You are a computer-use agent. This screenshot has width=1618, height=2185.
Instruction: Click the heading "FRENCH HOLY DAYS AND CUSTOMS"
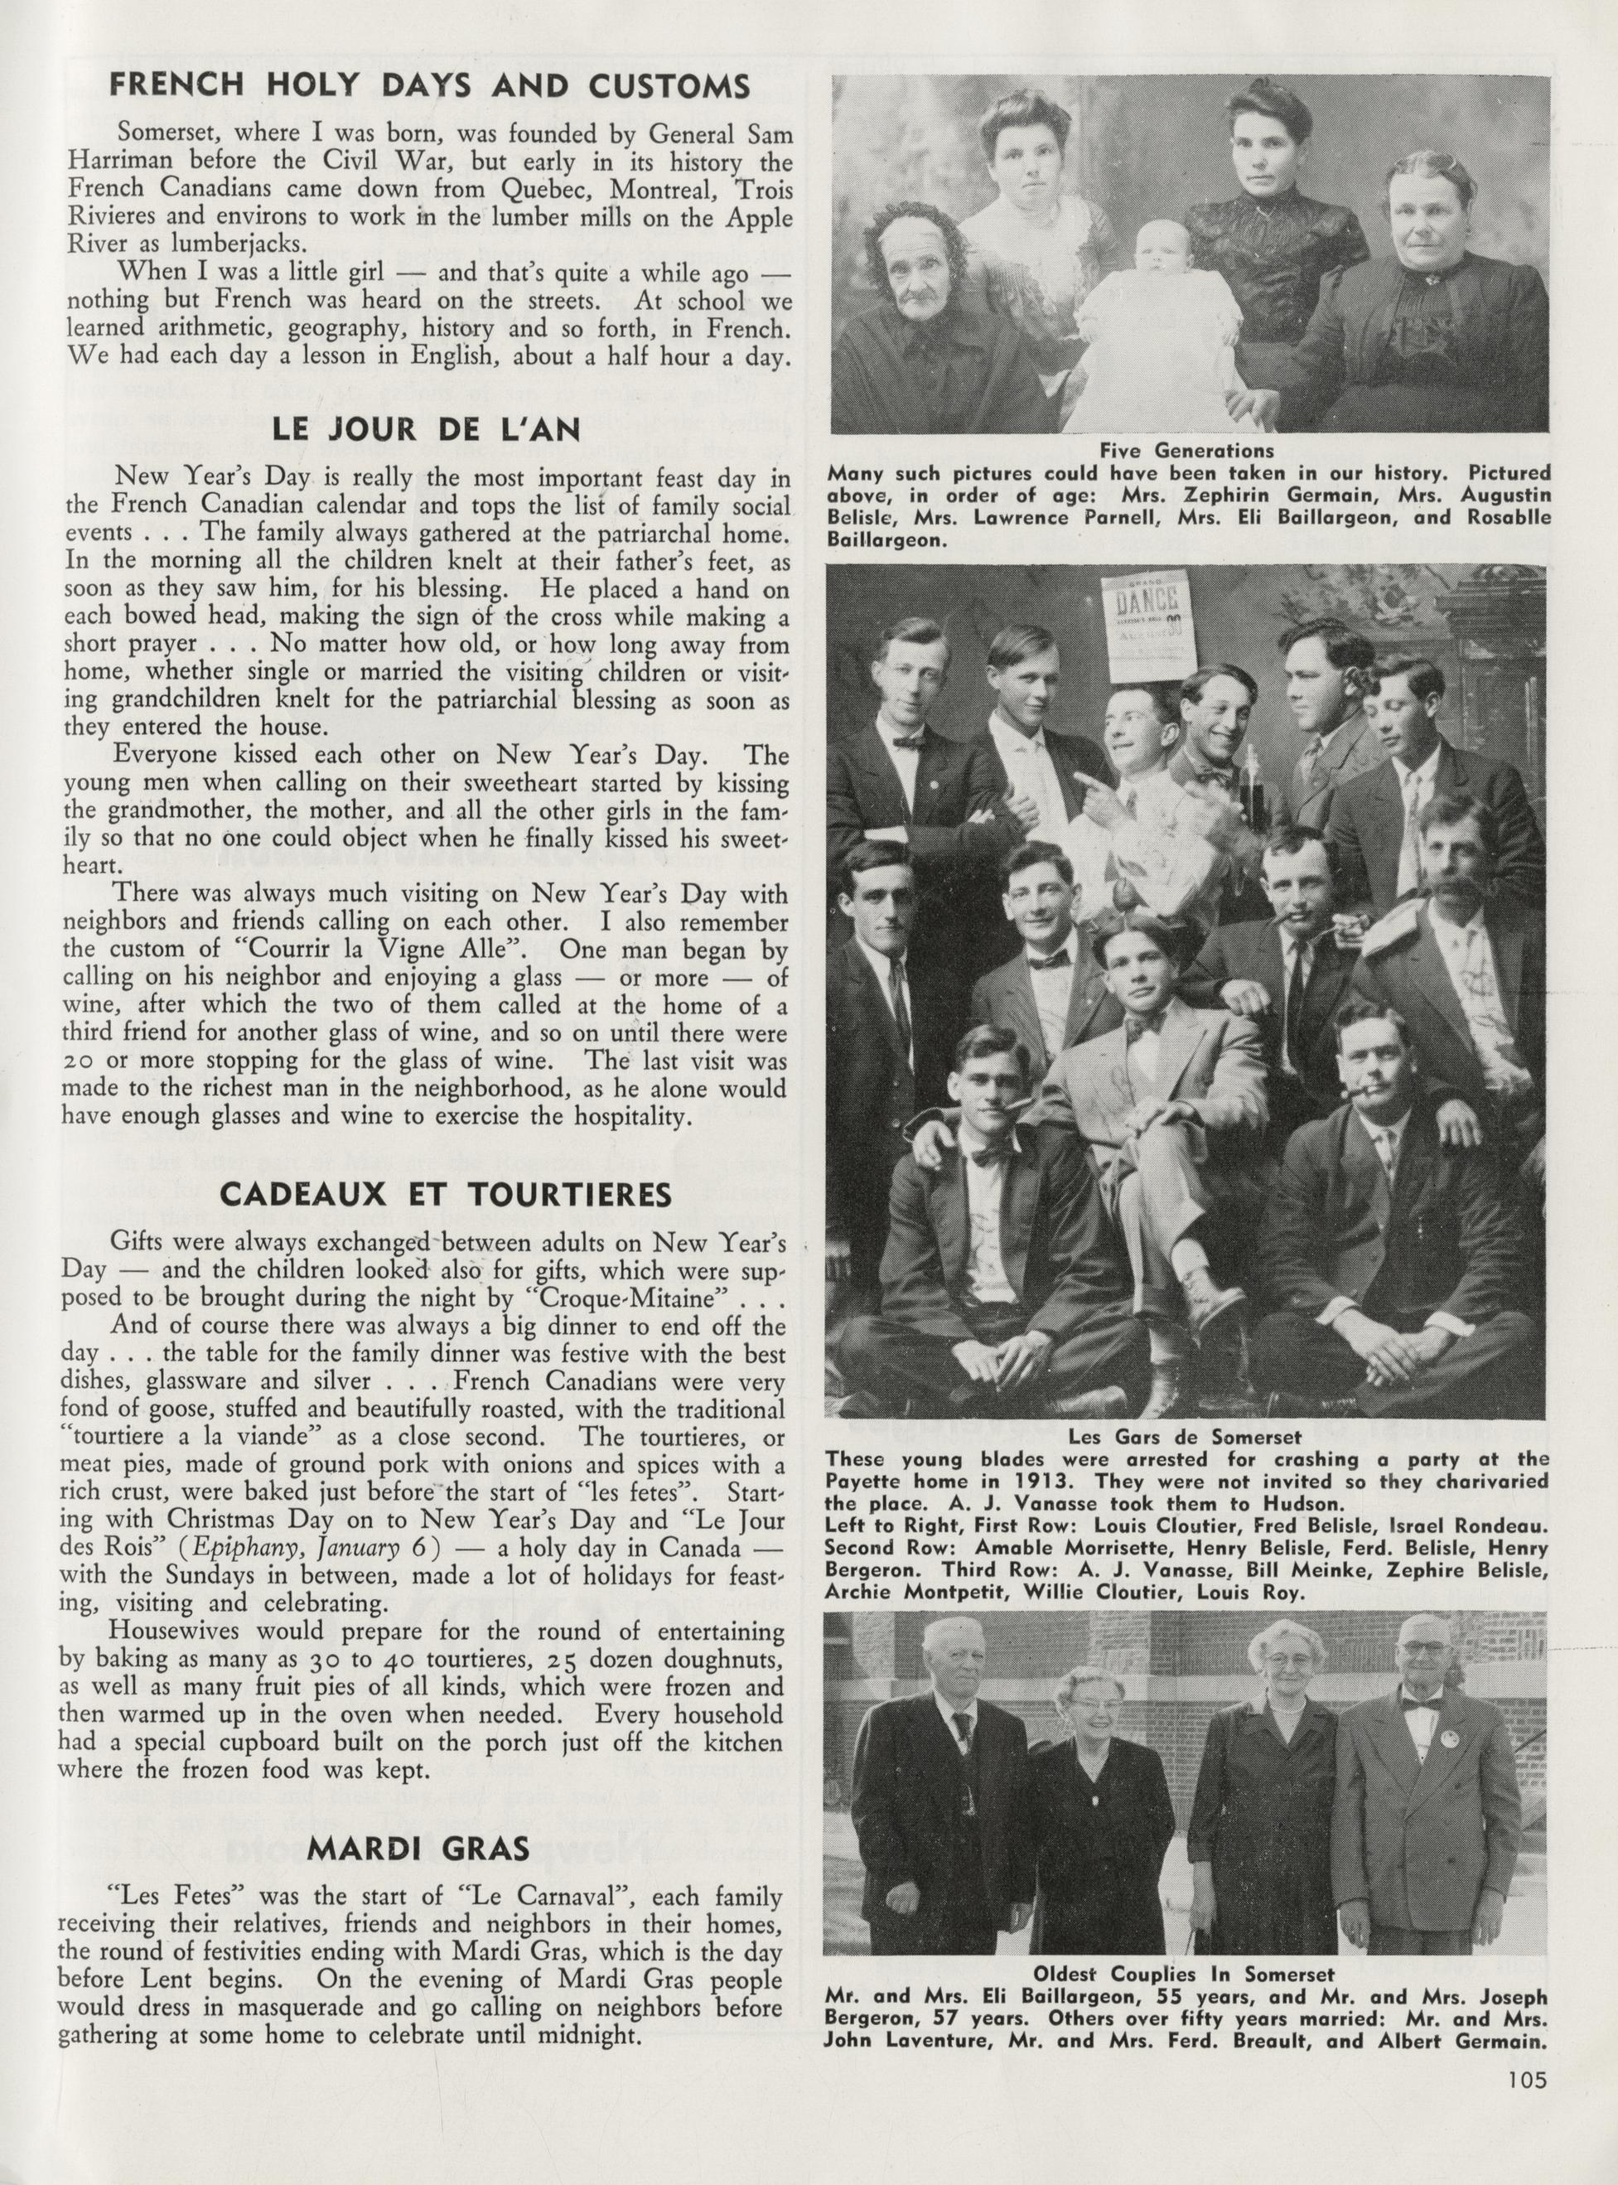tap(429, 86)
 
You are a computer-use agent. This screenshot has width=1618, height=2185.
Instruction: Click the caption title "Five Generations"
tap(1186, 451)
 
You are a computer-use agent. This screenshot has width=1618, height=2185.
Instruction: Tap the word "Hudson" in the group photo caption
tap(1308, 1502)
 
